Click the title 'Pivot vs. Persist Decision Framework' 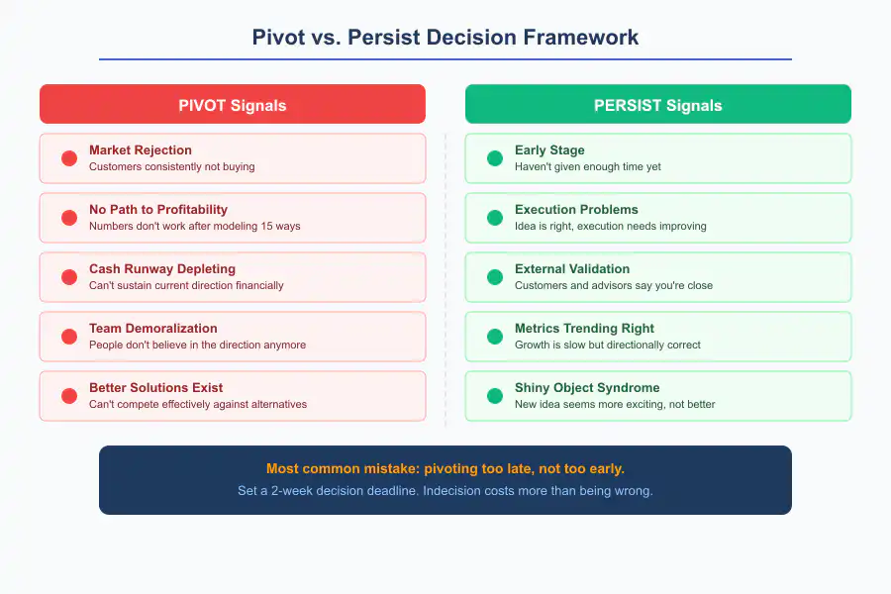[445, 38]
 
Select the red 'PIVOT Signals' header [232, 105]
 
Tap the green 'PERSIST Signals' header [657, 105]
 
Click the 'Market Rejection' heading [141, 150]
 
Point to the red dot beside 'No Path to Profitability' [69, 218]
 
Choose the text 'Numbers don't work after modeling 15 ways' [194, 226]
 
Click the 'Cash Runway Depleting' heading [162, 269]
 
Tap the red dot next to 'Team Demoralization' [69, 337]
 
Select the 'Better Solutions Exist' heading [155, 388]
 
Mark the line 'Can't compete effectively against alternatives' [198, 404]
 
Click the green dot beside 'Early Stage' [495, 158]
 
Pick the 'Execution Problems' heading [576, 210]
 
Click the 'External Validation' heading [572, 269]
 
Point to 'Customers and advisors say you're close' [614, 285]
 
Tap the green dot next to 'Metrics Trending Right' [495, 337]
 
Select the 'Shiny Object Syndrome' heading [587, 388]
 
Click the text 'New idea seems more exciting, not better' [615, 404]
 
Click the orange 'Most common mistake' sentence [445, 468]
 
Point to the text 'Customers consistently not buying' [172, 166]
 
